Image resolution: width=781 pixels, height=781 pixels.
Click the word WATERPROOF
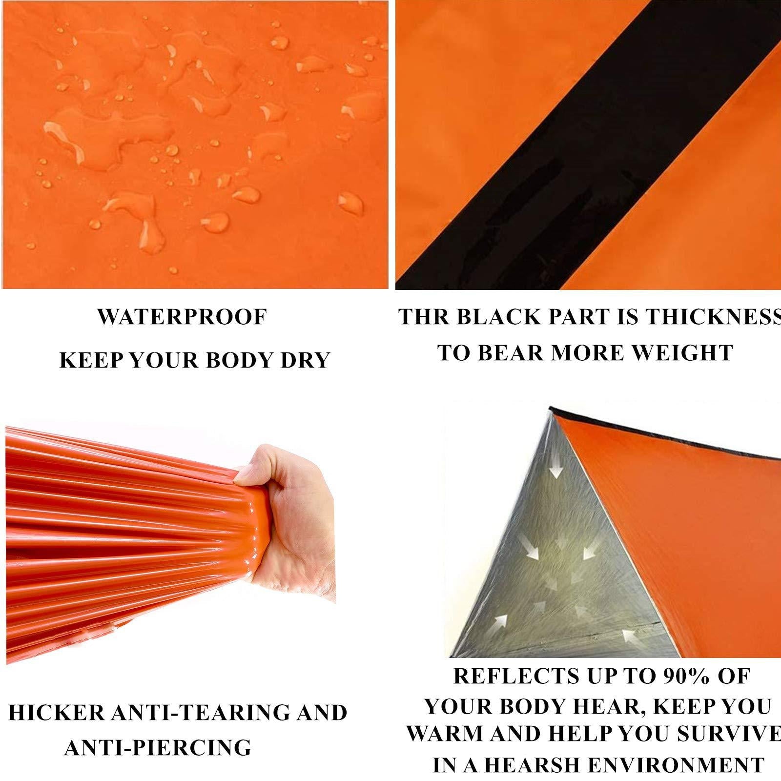(x=182, y=317)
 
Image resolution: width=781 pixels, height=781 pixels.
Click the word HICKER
(x=57, y=713)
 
